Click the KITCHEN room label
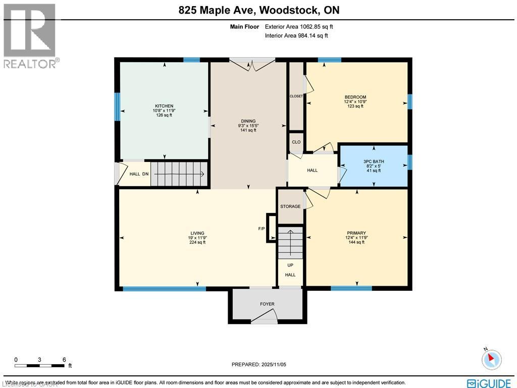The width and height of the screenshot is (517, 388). [164, 106]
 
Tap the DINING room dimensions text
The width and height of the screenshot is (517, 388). [248, 125]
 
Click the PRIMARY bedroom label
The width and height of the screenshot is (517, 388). [356, 233]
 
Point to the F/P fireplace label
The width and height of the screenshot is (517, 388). [262, 229]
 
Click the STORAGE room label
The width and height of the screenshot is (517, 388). [290, 206]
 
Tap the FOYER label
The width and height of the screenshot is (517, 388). [267, 304]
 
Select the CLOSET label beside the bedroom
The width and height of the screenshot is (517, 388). [296, 96]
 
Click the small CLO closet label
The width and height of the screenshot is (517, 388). [296, 142]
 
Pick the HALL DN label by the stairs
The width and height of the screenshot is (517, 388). [139, 174]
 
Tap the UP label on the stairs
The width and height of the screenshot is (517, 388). [290, 265]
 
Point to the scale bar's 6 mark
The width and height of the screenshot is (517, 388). [64, 360]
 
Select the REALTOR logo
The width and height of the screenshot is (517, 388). [30, 35]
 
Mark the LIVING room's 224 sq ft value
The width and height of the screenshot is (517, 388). [197, 242]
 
